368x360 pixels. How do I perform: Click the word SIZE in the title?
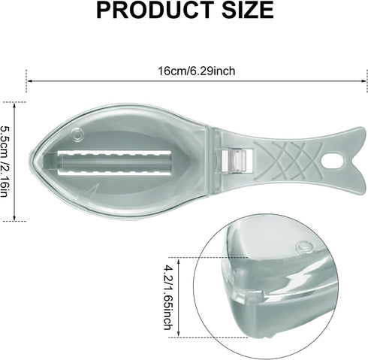coord(248,10)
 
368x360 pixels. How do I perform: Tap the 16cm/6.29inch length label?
coord(197,71)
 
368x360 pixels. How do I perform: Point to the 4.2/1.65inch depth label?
coord(168,298)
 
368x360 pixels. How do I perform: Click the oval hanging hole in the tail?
coord(332,161)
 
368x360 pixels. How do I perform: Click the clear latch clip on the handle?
coord(237,161)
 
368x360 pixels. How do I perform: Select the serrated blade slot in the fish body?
coord(114,162)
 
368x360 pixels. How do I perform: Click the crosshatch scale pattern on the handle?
coord(288,161)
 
